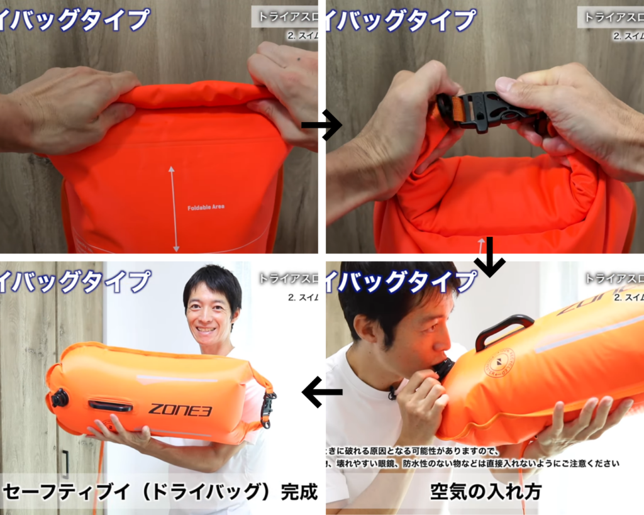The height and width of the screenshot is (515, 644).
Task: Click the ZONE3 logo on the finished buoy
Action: click(x=180, y=410)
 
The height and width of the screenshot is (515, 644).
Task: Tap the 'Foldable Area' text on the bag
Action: click(x=206, y=207)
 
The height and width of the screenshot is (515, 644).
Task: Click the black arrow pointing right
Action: click(x=321, y=125)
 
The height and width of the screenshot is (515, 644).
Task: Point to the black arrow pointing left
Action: click(x=322, y=392)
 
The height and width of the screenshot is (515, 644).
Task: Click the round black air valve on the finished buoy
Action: click(x=60, y=397)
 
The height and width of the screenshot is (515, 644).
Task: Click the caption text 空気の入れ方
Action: click(x=486, y=492)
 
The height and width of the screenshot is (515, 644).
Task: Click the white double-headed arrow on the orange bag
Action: click(x=172, y=208)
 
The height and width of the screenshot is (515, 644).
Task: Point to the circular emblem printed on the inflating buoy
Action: click(x=499, y=362)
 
